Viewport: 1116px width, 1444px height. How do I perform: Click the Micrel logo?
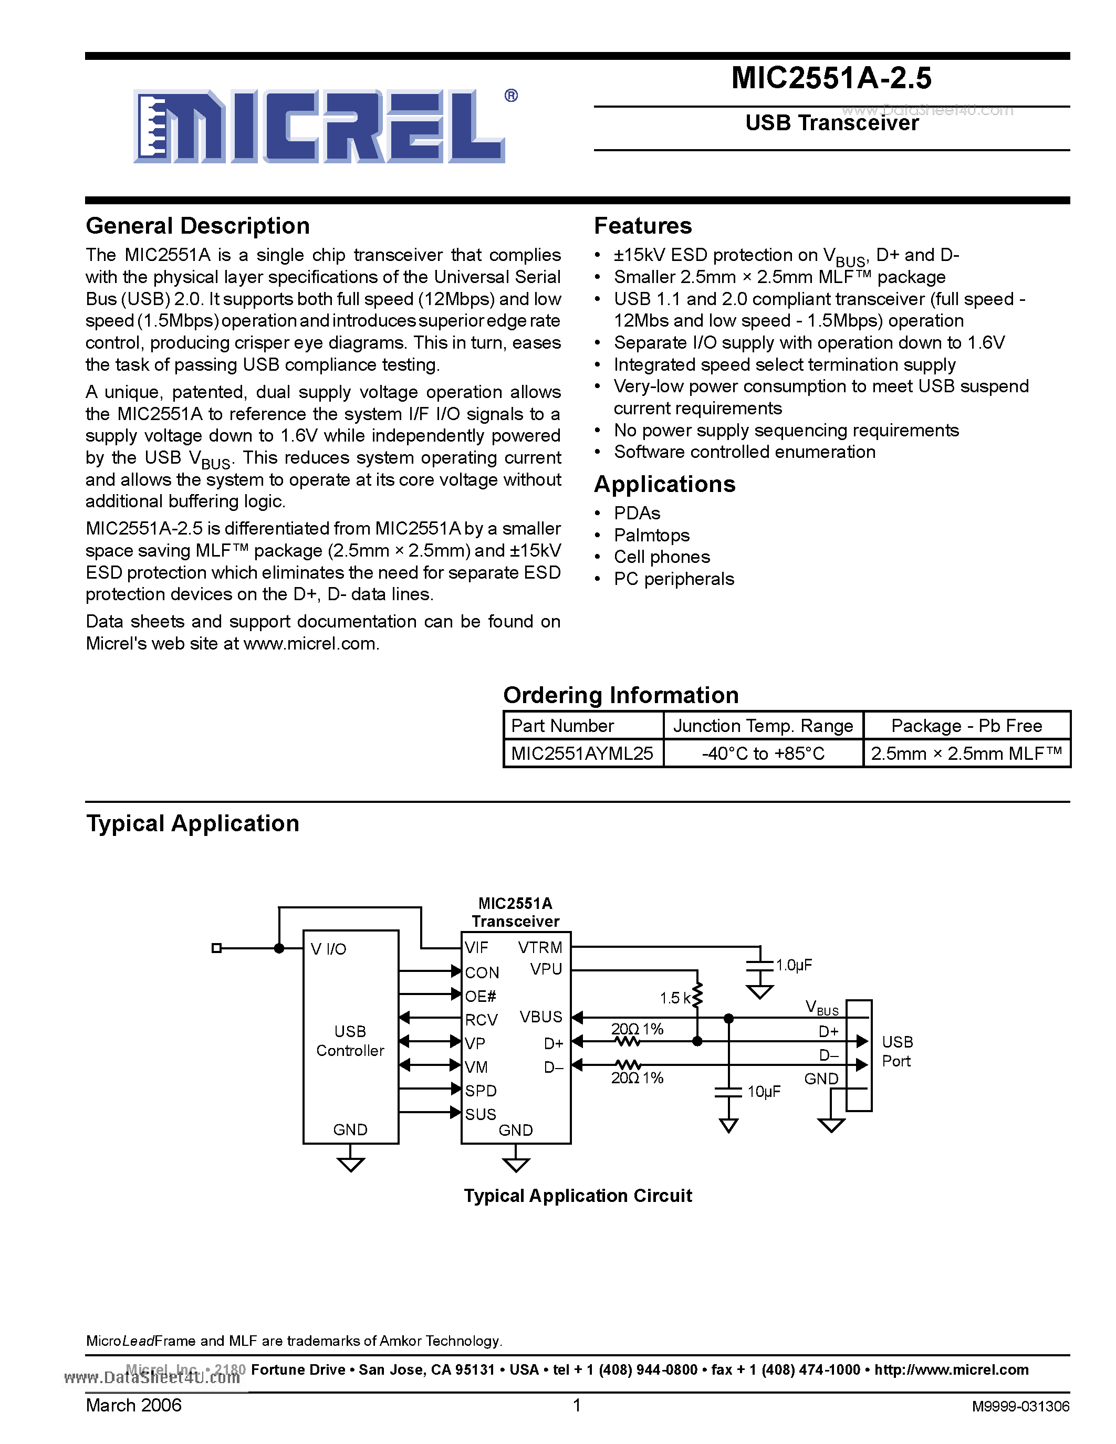(320, 125)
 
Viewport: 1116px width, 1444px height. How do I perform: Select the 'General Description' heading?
(197, 226)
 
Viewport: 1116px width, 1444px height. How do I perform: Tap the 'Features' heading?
(643, 226)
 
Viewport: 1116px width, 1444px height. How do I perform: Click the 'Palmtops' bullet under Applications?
(651, 535)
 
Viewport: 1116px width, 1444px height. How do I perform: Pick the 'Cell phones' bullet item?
(661, 557)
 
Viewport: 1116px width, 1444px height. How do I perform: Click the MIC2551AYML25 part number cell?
(582, 753)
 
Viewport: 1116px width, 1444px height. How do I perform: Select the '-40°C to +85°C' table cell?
(763, 753)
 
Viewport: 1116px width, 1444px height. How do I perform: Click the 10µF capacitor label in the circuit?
(764, 1091)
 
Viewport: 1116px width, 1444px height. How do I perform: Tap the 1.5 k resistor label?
(675, 998)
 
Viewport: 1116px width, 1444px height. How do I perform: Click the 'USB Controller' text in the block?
(350, 1041)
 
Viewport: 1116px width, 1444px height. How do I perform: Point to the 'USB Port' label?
(897, 1051)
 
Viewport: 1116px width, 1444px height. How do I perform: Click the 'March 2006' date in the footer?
(133, 1405)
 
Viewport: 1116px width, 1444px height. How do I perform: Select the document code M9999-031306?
(1020, 1406)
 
